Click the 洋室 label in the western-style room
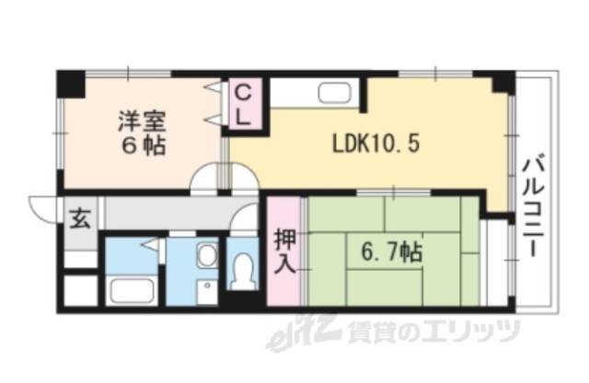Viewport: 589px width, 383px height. pos(141,120)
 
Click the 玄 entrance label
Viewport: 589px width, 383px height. pos(80,220)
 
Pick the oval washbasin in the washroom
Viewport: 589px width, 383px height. pos(207,256)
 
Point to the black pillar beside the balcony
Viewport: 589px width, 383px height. pos(502,83)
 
